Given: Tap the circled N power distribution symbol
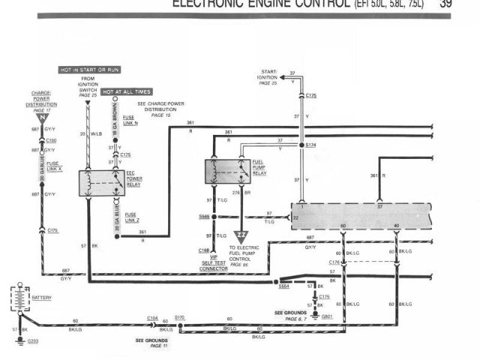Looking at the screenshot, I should [44, 118].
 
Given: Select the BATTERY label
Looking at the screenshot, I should [42, 298].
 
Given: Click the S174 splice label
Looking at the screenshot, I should [311, 144].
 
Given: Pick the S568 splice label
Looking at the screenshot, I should [204, 216].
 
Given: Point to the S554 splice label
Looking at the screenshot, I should [284, 286].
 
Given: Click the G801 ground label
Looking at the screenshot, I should [327, 316].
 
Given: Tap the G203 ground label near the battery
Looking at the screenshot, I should [34, 340].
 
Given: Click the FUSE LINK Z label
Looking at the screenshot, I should [132, 217].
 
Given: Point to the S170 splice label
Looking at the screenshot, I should [180, 318].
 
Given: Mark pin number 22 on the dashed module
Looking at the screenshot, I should [295, 217].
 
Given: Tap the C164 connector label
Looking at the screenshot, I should [152, 318].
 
